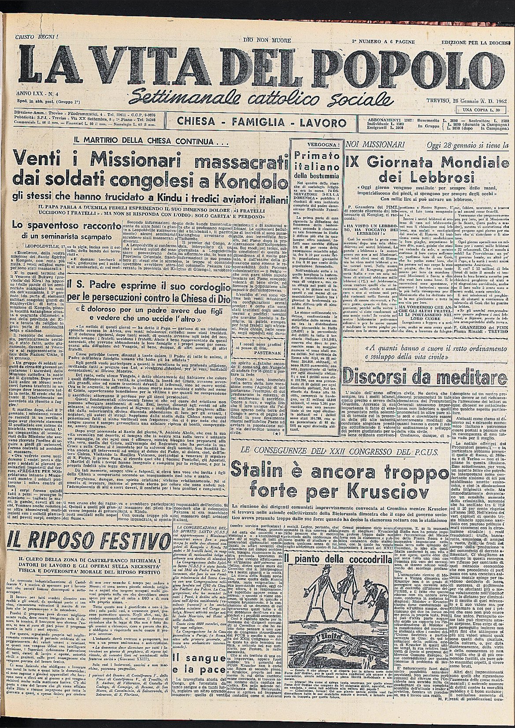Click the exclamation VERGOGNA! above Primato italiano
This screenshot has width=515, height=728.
(x=315, y=143)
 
